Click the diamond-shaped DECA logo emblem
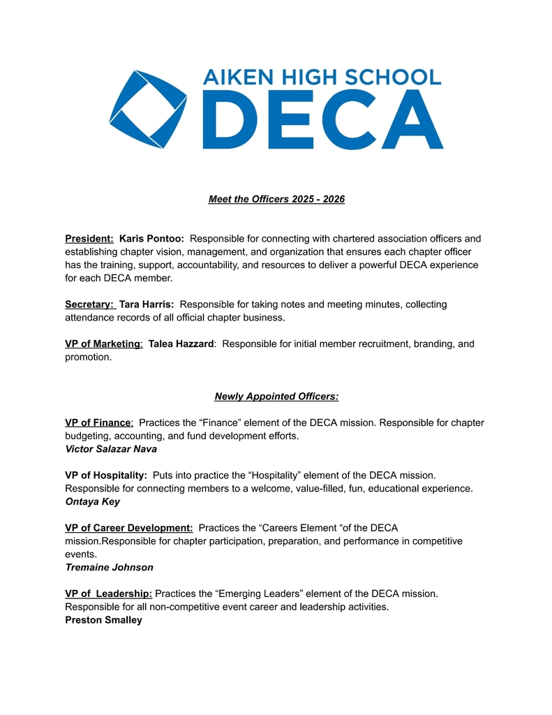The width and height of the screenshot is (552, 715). (x=147, y=109)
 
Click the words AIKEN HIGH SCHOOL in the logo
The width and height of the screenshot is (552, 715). (x=322, y=76)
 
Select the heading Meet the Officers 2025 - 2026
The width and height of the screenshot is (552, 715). (x=276, y=200)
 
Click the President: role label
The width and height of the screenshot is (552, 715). (x=89, y=239)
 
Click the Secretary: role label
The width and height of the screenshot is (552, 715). (x=89, y=304)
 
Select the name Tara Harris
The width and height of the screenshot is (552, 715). (x=147, y=304)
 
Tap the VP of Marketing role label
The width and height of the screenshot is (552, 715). (x=103, y=344)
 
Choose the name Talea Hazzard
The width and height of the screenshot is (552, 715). (x=181, y=344)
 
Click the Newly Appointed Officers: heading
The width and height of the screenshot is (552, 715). (x=276, y=397)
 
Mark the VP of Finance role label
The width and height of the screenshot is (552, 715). (x=98, y=422)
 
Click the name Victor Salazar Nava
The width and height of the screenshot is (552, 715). (x=111, y=449)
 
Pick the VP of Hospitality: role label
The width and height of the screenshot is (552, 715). (x=105, y=476)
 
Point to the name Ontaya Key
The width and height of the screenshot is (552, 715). (x=92, y=501)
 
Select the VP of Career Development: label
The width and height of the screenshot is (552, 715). (x=128, y=528)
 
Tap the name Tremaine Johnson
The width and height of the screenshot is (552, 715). (x=109, y=568)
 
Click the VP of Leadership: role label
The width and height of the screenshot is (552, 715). (x=108, y=594)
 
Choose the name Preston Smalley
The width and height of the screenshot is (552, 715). (x=103, y=620)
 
